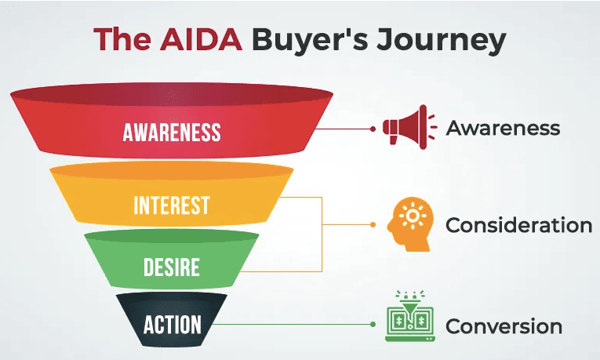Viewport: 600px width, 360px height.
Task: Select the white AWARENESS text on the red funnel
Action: [172, 132]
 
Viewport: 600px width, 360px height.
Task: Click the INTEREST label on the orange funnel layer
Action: [172, 205]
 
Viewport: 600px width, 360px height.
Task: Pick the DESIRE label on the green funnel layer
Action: [172, 268]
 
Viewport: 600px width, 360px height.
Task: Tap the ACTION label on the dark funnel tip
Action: [172, 323]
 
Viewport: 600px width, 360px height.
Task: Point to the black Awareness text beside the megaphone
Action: [503, 128]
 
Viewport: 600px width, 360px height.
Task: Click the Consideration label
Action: [518, 226]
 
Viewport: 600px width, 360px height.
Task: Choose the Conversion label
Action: [504, 325]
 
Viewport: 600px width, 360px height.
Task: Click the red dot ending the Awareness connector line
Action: [373, 128]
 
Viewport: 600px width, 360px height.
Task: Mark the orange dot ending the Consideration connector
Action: [373, 225]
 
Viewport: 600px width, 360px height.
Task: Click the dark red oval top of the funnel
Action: [172, 95]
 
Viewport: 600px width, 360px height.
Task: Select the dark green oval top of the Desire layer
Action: [172, 236]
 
